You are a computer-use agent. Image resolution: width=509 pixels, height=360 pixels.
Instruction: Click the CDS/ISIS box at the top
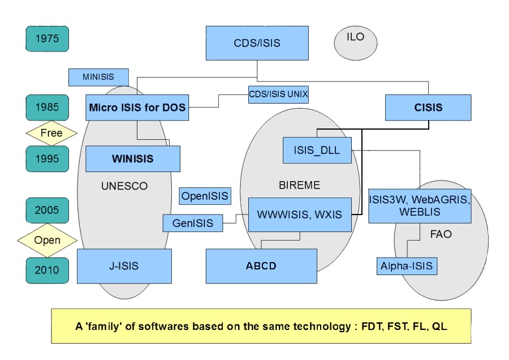tap(257, 43)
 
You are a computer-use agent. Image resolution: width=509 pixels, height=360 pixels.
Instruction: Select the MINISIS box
tap(98, 77)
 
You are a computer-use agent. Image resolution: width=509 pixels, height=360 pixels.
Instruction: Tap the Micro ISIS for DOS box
tap(137, 107)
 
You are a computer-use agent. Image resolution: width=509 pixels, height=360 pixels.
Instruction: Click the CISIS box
tap(428, 107)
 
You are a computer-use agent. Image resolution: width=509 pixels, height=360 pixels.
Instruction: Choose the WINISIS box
tap(133, 158)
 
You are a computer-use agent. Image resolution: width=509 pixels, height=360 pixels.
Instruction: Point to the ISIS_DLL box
tap(317, 150)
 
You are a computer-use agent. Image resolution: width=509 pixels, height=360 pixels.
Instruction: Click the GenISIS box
tap(192, 223)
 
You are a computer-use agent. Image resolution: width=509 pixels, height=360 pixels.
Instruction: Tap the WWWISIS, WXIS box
tap(299, 215)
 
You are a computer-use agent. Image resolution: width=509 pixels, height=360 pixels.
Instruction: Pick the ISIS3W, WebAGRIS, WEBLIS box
tap(420, 205)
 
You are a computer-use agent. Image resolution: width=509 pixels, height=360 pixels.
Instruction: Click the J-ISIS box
tap(124, 266)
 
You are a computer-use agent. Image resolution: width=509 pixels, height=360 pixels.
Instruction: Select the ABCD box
tap(261, 266)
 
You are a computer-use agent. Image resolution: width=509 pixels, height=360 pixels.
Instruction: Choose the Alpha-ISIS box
tap(407, 266)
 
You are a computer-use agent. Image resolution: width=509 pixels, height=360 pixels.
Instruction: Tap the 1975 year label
tap(47, 40)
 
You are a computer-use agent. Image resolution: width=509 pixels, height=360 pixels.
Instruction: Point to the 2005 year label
tap(47, 211)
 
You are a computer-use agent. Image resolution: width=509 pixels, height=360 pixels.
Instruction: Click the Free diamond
tap(51, 134)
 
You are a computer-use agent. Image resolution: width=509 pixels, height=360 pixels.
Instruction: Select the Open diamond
tap(47, 240)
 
